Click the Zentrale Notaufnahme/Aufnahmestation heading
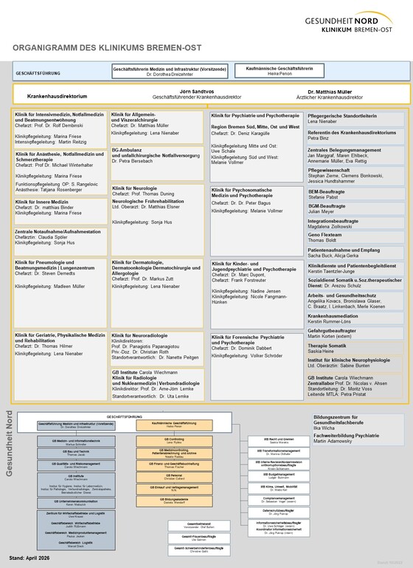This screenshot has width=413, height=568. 58,231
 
